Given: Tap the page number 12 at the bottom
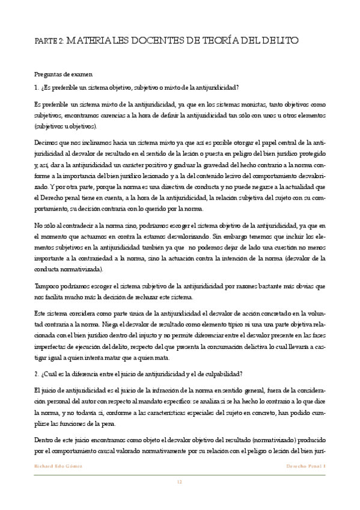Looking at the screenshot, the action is (179, 481).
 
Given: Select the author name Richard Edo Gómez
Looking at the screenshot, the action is (57, 466).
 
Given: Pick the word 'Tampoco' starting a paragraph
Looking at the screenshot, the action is (49, 287).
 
